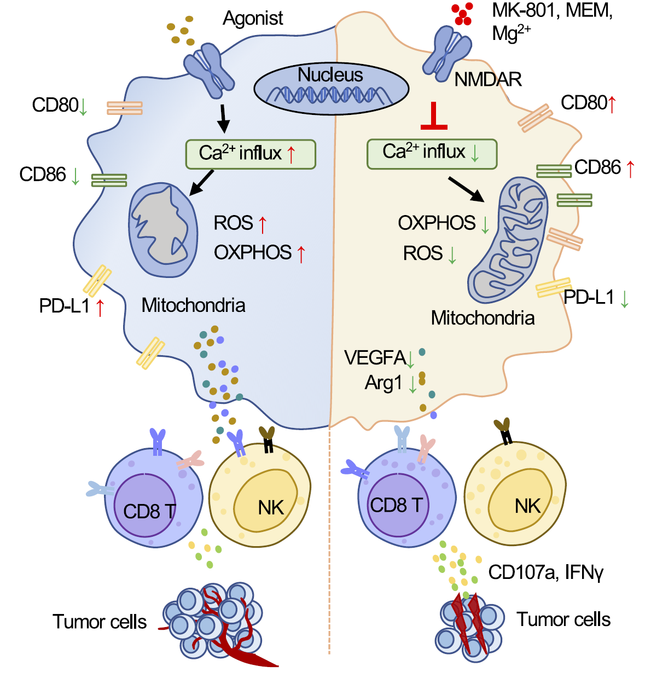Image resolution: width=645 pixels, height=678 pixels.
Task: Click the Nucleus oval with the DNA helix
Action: pos(331,88)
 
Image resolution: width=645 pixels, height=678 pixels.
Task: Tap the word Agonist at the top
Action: pos(253,19)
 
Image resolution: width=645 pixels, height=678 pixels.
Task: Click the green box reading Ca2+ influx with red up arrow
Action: pos(251,154)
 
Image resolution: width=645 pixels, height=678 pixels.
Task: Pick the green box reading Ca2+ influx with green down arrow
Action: pos(432,153)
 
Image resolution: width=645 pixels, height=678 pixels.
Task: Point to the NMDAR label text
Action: pos(488,80)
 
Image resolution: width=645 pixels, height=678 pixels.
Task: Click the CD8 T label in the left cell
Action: pos(149,511)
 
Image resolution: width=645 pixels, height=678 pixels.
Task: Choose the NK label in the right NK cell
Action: pos(527,506)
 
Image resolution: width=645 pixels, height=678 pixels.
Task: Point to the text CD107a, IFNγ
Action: pos(545,572)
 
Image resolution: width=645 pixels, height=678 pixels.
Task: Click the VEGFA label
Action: pos(375,358)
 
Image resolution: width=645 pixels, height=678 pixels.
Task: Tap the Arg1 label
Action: pos(383,383)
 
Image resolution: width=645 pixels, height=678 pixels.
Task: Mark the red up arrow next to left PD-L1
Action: pos(100,307)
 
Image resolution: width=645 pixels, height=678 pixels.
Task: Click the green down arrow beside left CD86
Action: pos(75,176)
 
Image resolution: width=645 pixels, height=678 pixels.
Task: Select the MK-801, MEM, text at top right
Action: pos(552,10)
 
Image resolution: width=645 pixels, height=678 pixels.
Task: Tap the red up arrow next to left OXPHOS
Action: pos(301,253)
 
